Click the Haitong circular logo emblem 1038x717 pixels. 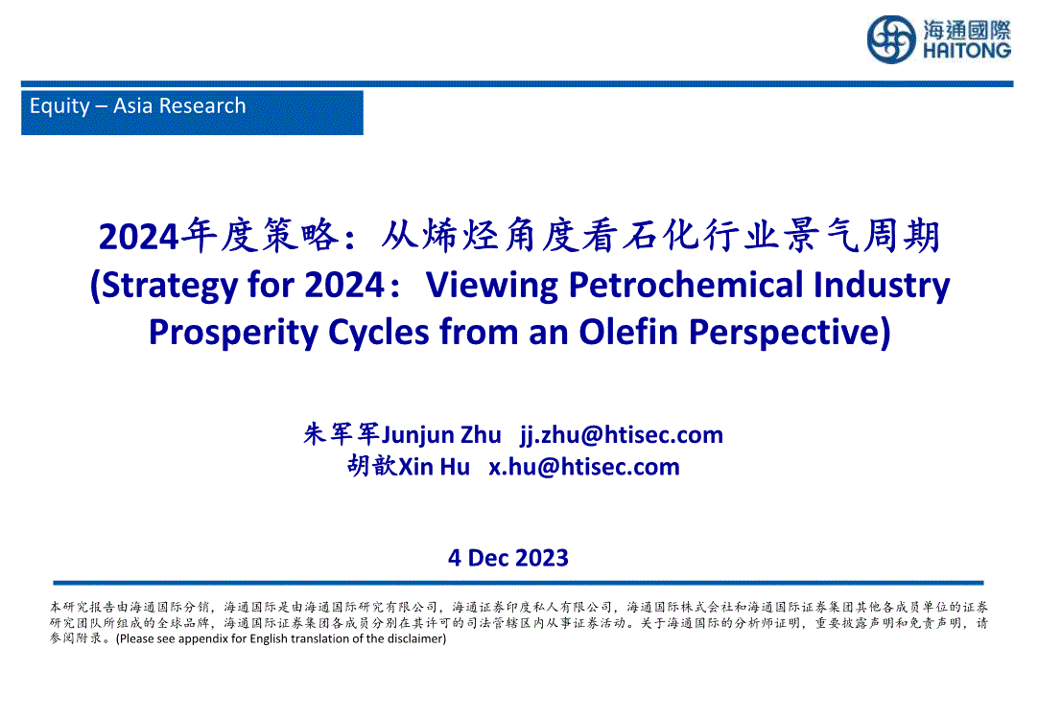[891, 39]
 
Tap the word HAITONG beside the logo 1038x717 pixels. [966, 51]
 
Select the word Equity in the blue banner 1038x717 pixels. [59, 106]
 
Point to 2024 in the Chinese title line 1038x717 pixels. [139, 237]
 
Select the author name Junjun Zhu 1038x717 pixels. [441, 435]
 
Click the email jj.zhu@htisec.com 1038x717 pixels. [622, 435]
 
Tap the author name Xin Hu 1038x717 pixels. [435, 466]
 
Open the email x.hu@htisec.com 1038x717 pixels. [584, 466]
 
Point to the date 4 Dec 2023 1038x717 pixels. [508, 558]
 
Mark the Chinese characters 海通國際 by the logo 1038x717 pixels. [967, 30]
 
